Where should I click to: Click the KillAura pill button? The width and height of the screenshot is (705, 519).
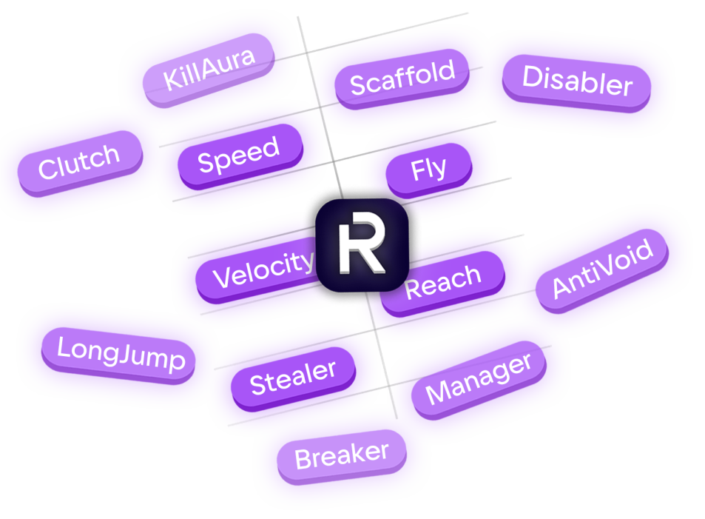click(209, 69)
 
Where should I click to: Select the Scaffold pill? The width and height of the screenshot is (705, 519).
click(402, 78)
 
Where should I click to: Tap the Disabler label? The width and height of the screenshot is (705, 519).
click(577, 81)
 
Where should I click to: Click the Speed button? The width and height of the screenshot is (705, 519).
click(238, 155)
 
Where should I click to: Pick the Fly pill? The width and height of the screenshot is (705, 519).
click(428, 170)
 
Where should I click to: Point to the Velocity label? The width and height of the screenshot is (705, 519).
click(263, 270)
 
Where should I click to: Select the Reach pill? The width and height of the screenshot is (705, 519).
click(443, 281)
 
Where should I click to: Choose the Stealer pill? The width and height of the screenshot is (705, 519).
click(293, 378)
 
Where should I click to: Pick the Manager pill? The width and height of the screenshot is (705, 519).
click(479, 378)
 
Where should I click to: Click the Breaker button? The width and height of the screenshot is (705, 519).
click(341, 455)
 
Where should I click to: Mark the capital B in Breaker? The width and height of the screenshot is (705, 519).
click(302, 460)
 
